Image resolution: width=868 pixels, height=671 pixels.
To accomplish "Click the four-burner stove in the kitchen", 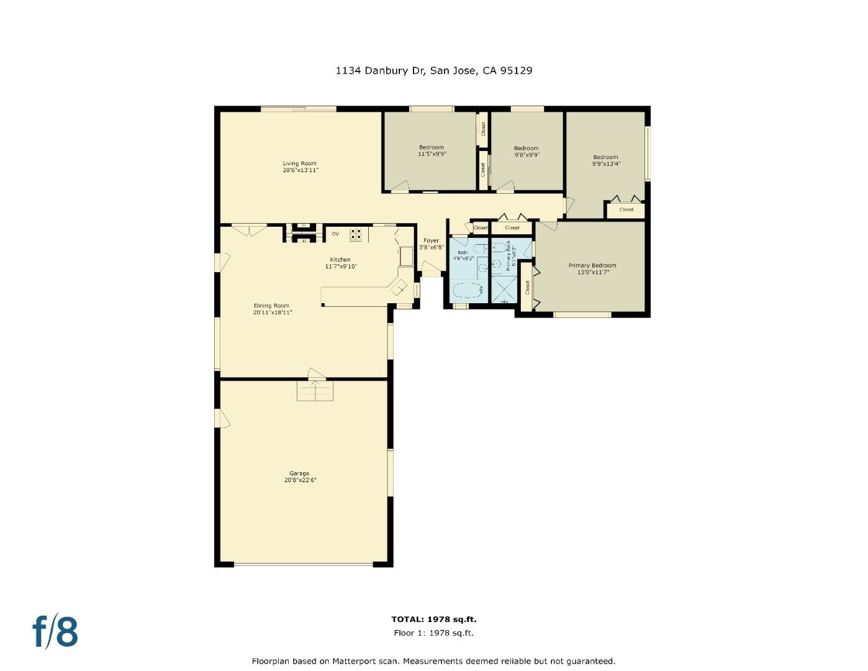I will pyautogui.click(x=356, y=234).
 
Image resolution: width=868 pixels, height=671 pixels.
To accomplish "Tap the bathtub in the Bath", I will pyautogui.click(x=468, y=291).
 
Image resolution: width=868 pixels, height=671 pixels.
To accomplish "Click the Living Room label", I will pyautogui.click(x=300, y=163).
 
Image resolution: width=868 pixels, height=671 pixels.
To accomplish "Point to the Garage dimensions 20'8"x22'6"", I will pyautogui.click(x=301, y=480).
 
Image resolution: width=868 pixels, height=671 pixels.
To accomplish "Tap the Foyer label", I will pyautogui.click(x=431, y=240).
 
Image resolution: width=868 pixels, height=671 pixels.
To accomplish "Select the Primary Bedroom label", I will pyautogui.click(x=592, y=265).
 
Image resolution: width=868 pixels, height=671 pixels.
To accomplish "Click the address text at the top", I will pyautogui.click(x=433, y=70).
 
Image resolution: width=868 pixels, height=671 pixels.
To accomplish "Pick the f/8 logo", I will pyautogui.click(x=55, y=631).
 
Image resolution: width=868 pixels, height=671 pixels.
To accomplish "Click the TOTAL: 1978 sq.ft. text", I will pyautogui.click(x=433, y=619).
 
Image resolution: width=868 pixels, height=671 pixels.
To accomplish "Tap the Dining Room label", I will pyautogui.click(x=272, y=306).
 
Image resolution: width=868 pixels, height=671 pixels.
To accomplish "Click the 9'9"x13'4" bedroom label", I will pyautogui.click(x=605, y=164).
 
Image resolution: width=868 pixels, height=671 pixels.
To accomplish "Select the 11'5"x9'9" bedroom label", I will pyautogui.click(x=431, y=154).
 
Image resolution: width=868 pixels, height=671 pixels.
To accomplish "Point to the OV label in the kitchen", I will pyautogui.click(x=335, y=234).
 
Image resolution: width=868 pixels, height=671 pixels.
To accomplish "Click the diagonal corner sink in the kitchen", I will pyautogui.click(x=399, y=287).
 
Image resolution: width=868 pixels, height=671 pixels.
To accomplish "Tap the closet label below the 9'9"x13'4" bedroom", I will pyautogui.click(x=626, y=209).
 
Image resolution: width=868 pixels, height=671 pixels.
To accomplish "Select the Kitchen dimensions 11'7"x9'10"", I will pyautogui.click(x=341, y=267).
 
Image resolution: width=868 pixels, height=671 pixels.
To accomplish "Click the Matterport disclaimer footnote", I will pyautogui.click(x=433, y=661).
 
